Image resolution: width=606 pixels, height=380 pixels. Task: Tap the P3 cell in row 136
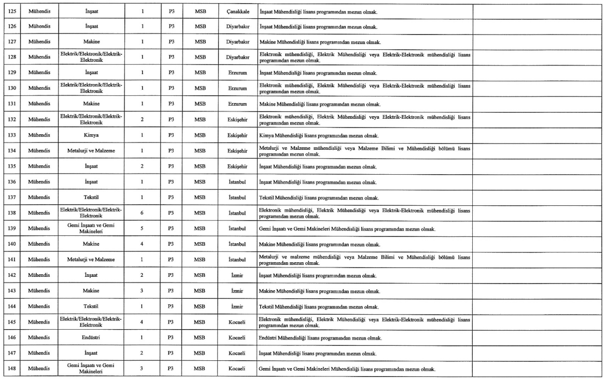click(x=171, y=182)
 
